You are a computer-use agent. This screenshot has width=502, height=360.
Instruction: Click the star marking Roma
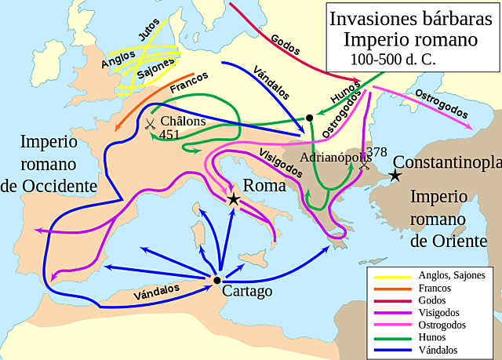click(x=234, y=199)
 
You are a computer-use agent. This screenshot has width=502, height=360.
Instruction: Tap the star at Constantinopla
click(x=397, y=176)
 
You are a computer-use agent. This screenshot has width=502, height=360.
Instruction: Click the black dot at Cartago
click(x=216, y=280)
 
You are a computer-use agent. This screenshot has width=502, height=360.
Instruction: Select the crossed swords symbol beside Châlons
click(x=150, y=124)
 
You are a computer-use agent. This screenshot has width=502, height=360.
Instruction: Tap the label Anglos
click(x=118, y=57)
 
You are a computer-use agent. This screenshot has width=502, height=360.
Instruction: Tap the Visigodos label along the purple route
click(x=279, y=159)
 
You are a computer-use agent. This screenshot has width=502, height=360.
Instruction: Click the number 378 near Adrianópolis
click(x=376, y=152)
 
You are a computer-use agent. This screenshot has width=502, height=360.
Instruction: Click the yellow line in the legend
click(x=393, y=275)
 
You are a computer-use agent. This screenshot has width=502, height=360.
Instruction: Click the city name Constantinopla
click(x=447, y=163)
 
